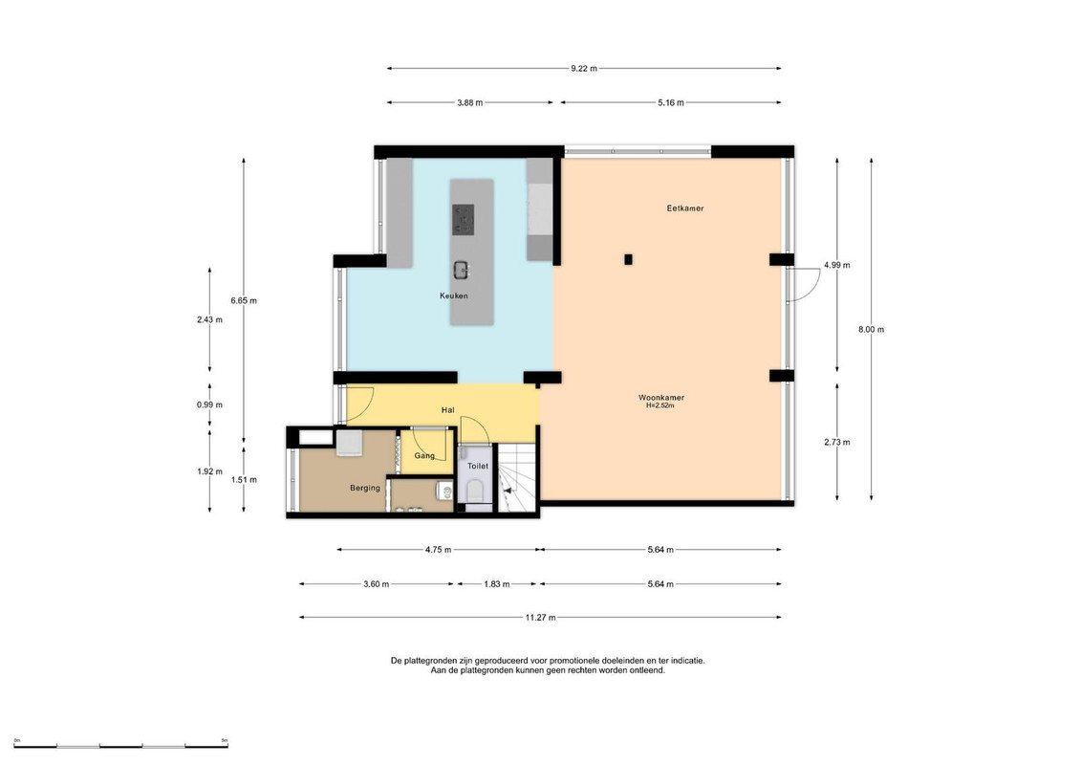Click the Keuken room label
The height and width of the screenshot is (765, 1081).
click(x=454, y=295)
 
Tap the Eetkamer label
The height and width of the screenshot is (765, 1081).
click(x=685, y=208)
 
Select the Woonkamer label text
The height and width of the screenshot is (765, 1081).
click(x=661, y=398)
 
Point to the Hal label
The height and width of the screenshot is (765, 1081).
click(x=448, y=410)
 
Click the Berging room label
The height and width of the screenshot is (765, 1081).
click(x=365, y=488)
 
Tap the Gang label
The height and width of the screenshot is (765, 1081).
click(x=424, y=456)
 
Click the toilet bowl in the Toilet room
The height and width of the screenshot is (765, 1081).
click(x=475, y=492)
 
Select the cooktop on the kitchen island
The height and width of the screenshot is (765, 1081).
click(x=464, y=219)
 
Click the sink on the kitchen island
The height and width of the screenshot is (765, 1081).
click(x=462, y=270)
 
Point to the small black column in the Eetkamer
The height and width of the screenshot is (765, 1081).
click(x=628, y=259)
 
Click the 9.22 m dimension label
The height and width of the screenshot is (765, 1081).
click(x=584, y=68)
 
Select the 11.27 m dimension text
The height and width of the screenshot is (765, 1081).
click(x=541, y=618)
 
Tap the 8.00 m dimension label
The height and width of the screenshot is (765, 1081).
click(x=871, y=330)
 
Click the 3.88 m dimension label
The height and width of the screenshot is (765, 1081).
click(x=469, y=102)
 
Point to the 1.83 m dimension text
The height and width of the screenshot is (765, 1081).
click(x=496, y=584)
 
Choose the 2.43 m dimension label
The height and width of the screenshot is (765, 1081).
click(x=209, y=320)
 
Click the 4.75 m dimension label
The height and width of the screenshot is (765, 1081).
click(x=438, y=550)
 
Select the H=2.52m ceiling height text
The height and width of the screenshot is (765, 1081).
click(x=659, y=406)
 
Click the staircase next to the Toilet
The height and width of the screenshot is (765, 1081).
click(x=518, y=478)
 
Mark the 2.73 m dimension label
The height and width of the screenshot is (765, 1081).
click(x=837, y=443)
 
